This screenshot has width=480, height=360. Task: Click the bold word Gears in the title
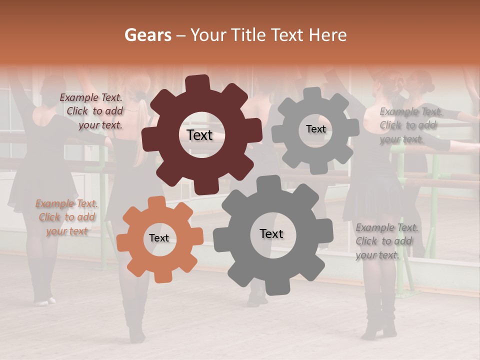coord(147,35)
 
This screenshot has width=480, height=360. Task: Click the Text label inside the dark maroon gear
coord(199,135)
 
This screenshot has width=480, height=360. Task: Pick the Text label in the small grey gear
coord(315,129)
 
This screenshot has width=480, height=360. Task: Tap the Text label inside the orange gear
coord(159,238)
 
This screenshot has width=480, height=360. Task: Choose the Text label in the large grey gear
coord(271,233)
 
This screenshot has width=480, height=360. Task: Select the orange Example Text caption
coord(66,217)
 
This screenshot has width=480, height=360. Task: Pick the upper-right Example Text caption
coord(410,125)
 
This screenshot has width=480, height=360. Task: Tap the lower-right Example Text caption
coord(386,241)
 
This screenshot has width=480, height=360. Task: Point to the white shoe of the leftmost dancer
coord(44,301)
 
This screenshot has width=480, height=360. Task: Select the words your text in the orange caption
coord(66,231)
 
